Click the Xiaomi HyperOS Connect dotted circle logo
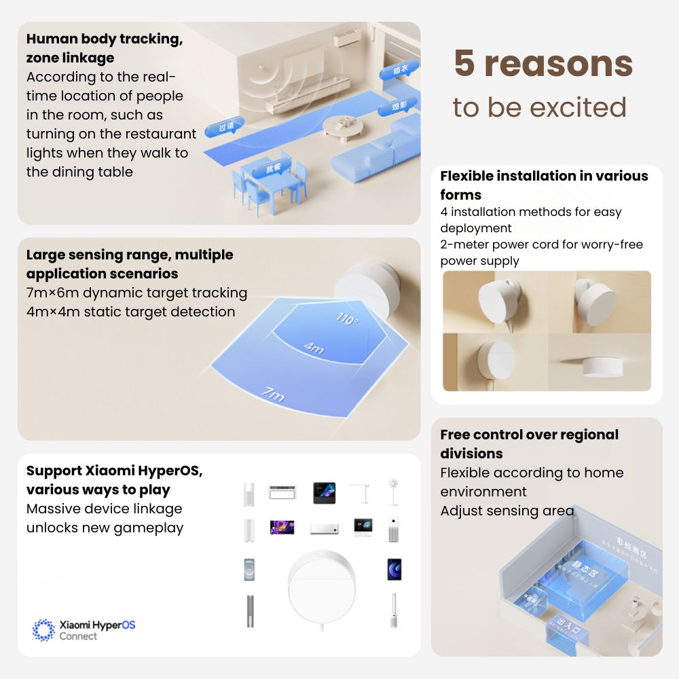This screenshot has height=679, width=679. click(x=44, y=629)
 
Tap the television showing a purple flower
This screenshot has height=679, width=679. click(x=281, y=527)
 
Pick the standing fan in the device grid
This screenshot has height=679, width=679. click(x=392, y=491)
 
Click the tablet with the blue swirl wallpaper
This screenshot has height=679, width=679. click(x=393, y=569)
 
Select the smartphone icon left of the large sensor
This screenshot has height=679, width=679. click(x=249, y=569)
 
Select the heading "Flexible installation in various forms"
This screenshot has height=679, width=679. click(x=544, y=185)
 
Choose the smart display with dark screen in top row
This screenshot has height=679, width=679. click(x=324, y=492)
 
